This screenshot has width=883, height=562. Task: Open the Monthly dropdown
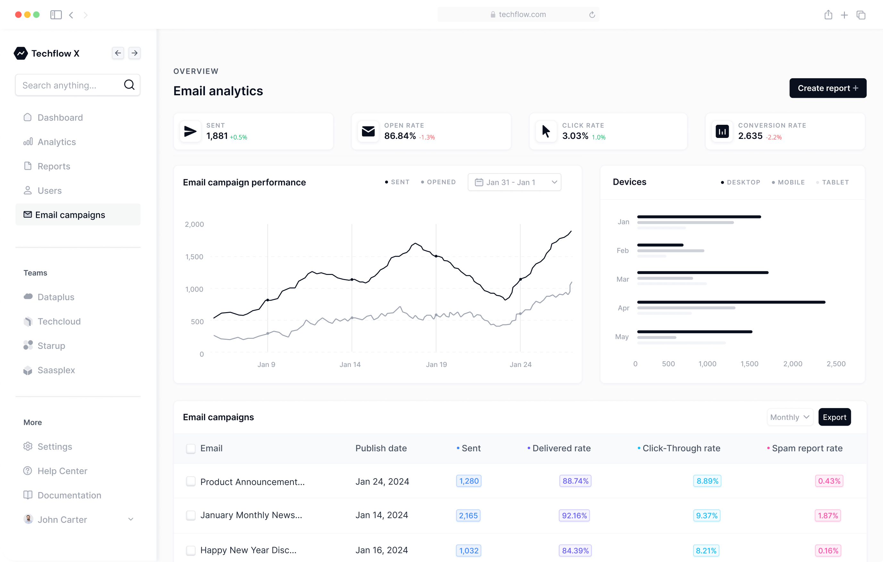point(789,417)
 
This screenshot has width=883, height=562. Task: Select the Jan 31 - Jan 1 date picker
point(514,182)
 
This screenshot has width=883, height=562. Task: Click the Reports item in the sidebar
point(54,166)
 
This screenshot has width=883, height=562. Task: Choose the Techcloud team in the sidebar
point(59,321)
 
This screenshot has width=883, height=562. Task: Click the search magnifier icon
point(129,85)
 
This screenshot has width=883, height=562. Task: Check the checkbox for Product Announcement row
point(191,481)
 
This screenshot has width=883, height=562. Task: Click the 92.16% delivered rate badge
point(574,515)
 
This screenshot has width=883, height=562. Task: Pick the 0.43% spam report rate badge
point(829,481)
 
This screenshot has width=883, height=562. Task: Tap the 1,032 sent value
point(469,550)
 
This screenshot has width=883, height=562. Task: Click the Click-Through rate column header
point(681,448)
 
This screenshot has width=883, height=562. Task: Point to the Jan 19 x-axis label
point(436,364)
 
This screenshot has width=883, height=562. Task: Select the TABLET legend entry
point(835,182)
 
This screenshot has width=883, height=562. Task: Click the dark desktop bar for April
point(731,302)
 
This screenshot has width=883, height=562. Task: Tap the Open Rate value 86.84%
point(400,136)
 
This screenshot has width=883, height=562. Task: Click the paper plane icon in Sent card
point(190,131)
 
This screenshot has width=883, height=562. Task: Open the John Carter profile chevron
point(130,519)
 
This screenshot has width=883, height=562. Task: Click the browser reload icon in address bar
point(592,15)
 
